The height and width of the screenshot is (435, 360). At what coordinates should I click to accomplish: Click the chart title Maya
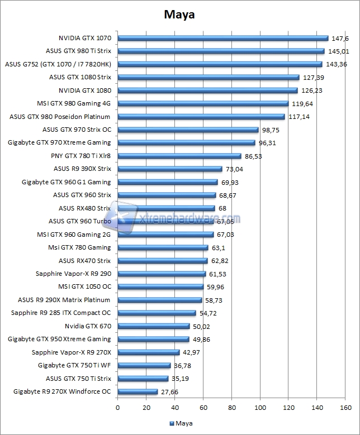tap(179, 14)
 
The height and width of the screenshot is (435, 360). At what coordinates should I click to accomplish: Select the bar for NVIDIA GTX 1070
tap(222, 39)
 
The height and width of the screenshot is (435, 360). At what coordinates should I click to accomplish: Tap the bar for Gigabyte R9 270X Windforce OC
tap(138, 392)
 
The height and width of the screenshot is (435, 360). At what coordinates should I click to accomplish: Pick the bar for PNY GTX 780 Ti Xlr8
tap(179, 156)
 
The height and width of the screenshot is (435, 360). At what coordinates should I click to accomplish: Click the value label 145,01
tap(338, 51)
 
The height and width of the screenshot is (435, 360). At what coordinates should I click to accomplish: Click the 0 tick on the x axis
tap(117, 408)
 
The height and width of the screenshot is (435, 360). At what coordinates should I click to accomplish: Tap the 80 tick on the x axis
tap(231, 408)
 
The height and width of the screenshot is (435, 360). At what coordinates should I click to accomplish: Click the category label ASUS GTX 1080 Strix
tap(80, 77)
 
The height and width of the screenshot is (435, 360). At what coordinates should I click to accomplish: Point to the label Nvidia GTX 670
tap(88, 326)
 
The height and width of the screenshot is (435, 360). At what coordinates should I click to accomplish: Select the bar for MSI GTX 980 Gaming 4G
tap(202, 103)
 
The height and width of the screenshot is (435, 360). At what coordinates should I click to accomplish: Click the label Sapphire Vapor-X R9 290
tap(73, 274)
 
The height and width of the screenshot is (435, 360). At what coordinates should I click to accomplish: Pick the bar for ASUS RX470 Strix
tap(162, 261)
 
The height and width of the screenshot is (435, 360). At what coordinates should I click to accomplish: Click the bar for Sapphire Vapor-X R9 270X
tap(148, 352)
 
